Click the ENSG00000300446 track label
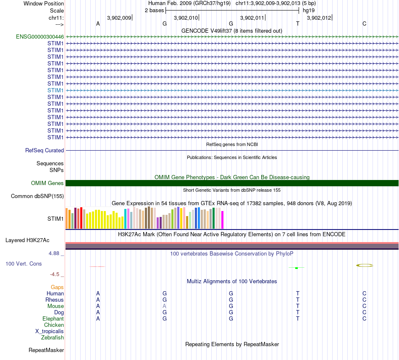pos(40,37)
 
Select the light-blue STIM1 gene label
pos(55,90)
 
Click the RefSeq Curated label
pos(45,150)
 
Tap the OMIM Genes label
pos(47,183)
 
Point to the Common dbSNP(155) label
pos(37,196)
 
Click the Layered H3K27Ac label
pos(27,240)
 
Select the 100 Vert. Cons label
pos(24,263)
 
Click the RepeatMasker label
pos(46,350)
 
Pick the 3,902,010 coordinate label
pos(186,18)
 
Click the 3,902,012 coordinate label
pos(319,18)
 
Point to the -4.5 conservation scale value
pos(55,274)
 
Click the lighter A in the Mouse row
pos(165,306)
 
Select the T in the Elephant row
pos(298,319)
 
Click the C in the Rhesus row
pos(365,300)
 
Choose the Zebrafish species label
pos(52,337)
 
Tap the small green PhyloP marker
pos(297,268)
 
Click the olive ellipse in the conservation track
pos(365,265)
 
